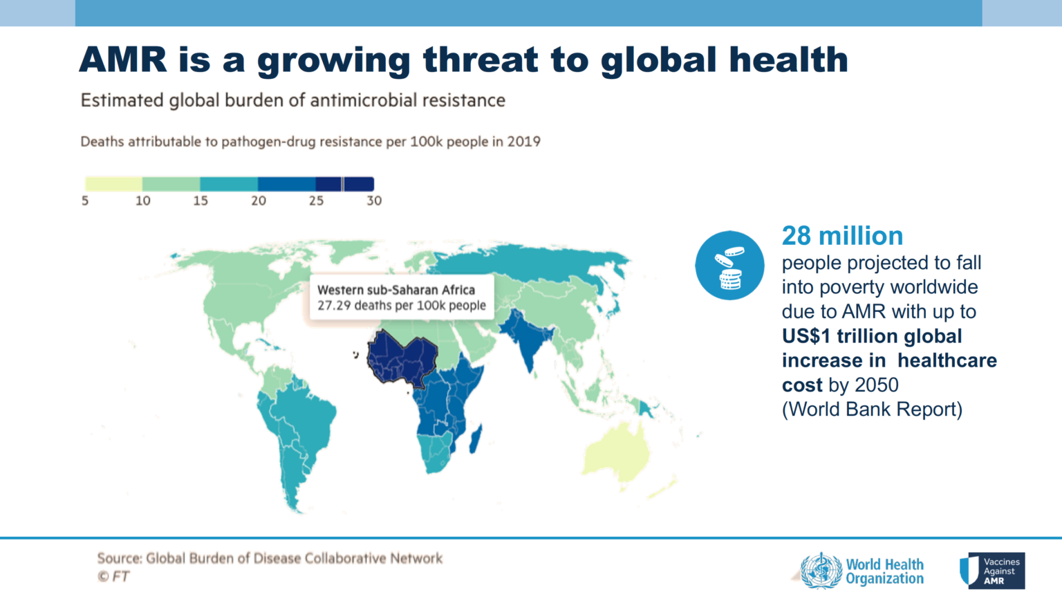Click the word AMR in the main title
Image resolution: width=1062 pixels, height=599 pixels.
click(123, 59)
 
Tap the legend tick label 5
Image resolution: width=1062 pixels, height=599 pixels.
click(85, 201)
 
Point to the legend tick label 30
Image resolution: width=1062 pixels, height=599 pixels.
click(374, 201)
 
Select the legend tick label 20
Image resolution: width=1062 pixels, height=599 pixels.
click(259, 201)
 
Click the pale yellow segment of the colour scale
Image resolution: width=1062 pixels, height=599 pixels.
click(113, 184)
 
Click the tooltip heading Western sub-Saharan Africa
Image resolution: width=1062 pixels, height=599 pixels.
click(396, 290)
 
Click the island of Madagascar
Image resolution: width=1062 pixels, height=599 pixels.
click(476, 439)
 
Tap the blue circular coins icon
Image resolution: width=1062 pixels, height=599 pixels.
click(729, 266)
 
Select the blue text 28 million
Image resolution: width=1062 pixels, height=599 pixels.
click(842, 236)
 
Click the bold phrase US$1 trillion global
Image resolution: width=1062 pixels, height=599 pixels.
click(872, 336)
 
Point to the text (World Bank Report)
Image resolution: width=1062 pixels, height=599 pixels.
click(872, 409)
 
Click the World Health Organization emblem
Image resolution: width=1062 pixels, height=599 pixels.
click(821, 571)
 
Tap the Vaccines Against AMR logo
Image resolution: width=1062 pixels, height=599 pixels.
click(992, 571)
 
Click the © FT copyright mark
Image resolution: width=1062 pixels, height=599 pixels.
click(113, 576)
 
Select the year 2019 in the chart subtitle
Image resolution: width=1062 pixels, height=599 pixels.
click(524, 142)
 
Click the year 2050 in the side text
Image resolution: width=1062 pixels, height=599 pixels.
click(877, 385)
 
